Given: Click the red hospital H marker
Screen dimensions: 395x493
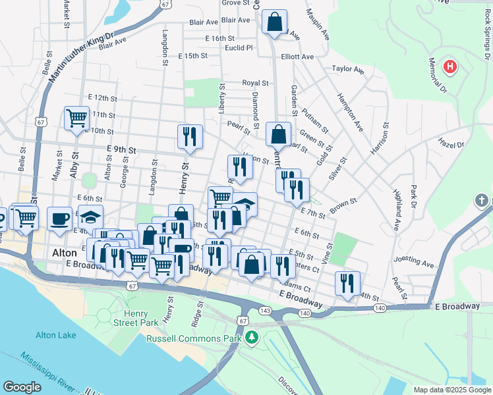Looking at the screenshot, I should pos(449,66).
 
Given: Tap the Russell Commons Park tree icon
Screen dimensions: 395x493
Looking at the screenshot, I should pos(251,338).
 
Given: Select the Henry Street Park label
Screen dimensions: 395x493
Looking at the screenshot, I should pos(135,318).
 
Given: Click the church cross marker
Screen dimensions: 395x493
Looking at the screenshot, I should pos(482,200).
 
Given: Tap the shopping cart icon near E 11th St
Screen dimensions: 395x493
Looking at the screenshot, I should pos(76,118).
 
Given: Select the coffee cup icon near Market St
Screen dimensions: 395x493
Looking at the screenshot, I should pos(59,219).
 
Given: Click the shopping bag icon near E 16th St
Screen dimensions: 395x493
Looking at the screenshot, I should pos(274,21).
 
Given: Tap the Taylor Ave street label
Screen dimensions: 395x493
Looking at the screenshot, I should pos(348,69).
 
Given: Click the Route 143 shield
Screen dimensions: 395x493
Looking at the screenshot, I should pos(265,309).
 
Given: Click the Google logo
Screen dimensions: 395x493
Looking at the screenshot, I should pos(22,387).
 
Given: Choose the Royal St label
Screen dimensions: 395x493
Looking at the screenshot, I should pos(255,83).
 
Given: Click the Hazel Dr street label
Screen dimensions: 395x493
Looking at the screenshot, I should pos(451,144).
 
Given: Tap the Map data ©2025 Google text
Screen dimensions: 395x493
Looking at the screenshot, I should pos(451,390).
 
